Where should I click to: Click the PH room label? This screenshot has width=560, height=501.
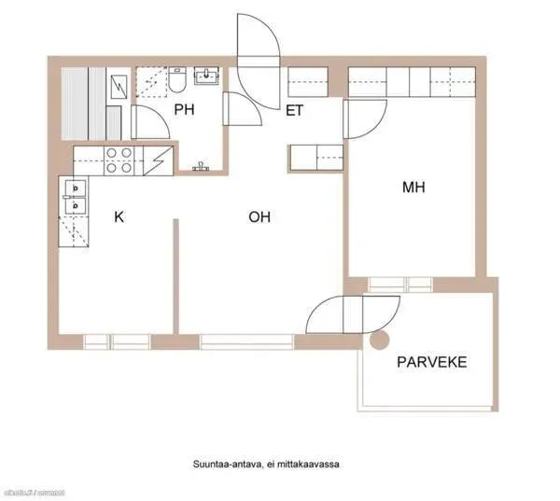pyautogui.click(x=184, y=110)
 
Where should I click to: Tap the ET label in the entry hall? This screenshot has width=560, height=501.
pyautogui.click(x=296, y=110)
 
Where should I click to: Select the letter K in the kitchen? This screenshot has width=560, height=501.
pyautogui.click(x=119, y=217)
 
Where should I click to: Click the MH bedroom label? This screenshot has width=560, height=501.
pyautogui.click(x=413, y=188)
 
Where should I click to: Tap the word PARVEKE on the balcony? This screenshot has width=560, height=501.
pyautogui.click(x=432, y=362)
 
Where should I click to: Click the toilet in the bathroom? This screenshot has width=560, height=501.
pyautogui.click(x=177, y=84)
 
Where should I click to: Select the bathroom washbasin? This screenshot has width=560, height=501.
pyautogui.click(x=207, y=75)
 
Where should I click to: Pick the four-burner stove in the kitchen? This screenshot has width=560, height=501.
pyautogui.click(x=119, y=161)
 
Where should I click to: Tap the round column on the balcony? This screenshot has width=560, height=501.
pyautogui.click(x=379, y=341)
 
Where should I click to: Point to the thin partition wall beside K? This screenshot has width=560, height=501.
pyautogui.click(x=175, y=275)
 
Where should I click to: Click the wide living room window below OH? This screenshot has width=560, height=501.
pyautogui.click(x=245, y=341)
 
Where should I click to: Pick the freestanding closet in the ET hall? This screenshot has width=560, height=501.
pyautogui.click(x=316, y=157)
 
